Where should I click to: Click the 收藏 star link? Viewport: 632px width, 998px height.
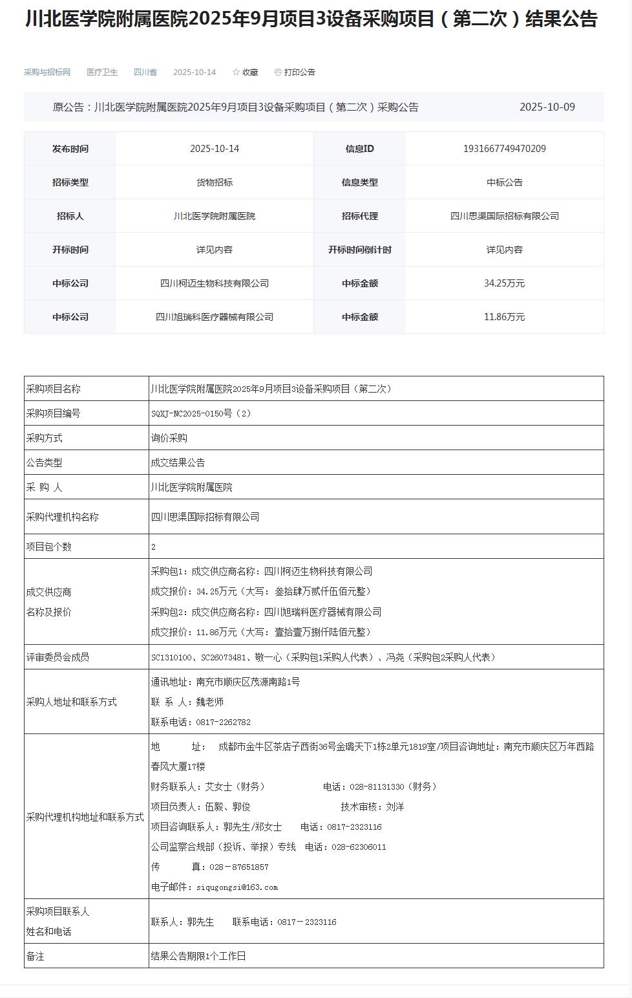click(x=245, y=72)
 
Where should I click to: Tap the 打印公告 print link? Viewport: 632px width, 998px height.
click(x=295, y=72)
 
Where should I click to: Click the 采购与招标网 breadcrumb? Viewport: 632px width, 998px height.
click(x=47, y=72)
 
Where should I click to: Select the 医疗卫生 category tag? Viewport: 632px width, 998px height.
click(x=102, y=72)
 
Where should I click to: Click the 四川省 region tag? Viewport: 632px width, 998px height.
click(x=145, y=72)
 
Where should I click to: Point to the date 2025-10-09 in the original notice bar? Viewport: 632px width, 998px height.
click(x=547, y=107)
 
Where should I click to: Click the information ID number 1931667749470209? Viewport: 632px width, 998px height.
click(x=504, y=149)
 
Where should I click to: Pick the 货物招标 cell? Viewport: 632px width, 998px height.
click(x=215, y=182)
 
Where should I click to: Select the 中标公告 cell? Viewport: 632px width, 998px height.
click(x=504, y=182)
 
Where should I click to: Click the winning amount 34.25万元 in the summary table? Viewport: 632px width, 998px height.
click(x=504, y=283)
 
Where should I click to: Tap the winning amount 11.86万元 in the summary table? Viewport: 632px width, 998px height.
click(x=504, y=317)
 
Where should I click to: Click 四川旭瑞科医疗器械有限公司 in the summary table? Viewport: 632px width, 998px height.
click(x=215, y=317)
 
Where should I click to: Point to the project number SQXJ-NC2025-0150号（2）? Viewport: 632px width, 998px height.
click(x=201, y=413)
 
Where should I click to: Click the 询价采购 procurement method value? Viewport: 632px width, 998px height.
click(x=169, y=438)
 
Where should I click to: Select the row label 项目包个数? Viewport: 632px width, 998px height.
click(x=49, y=547)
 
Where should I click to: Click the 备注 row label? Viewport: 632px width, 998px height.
click(x=36, y=956)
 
